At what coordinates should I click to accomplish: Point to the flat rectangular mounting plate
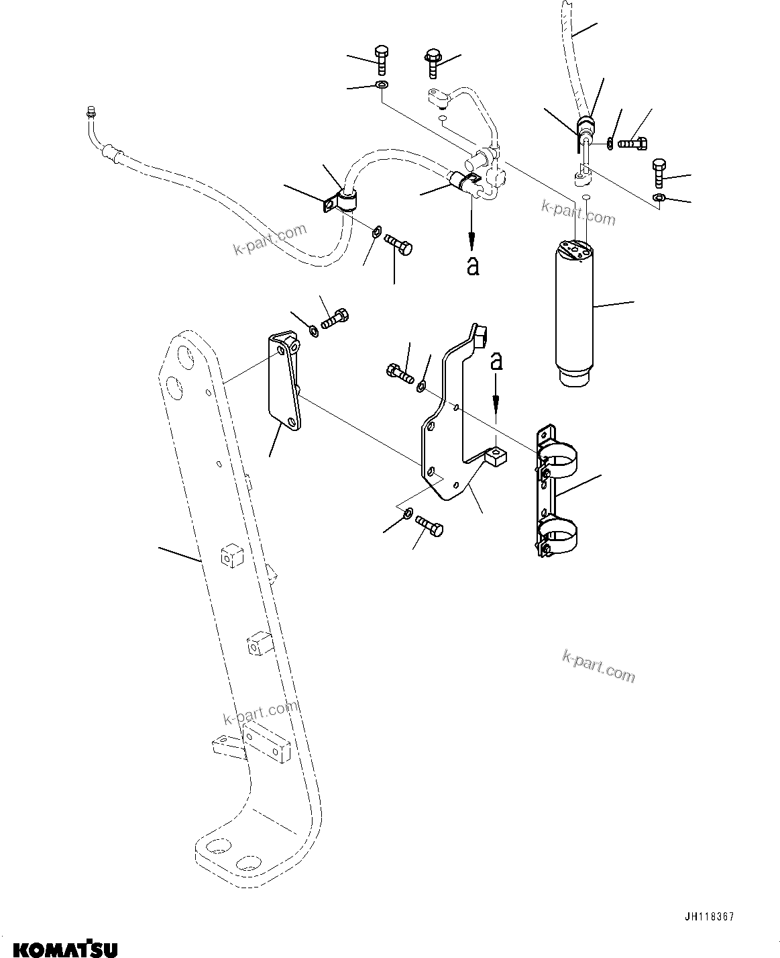284,382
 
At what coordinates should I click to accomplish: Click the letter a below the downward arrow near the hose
473,267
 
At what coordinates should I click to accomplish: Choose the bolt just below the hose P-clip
400,246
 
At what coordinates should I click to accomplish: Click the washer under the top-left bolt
382,85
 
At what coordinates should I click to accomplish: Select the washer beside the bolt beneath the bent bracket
408,514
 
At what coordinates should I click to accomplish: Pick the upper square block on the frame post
229,556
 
